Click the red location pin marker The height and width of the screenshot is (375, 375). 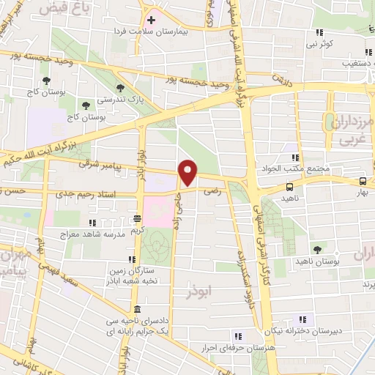pyautogui.click(x=188, y=172)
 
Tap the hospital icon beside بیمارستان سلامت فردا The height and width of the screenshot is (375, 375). pyautogui.click(x=152, y=20)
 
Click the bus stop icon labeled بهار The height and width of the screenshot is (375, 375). pyautogui.click(x=363, y=181)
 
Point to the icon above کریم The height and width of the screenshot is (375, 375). pyautogui.click(x=138, y=218)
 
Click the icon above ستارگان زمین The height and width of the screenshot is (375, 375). pyautogui.click(x=131, y=259)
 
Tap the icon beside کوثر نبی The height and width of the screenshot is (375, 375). pyautogui.click(x=319, y=32)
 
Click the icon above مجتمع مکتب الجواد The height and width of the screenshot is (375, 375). pyautogui.click(x=294, y=157)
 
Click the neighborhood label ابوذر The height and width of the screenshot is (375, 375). pyautogui.click(x=199, y=281)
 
